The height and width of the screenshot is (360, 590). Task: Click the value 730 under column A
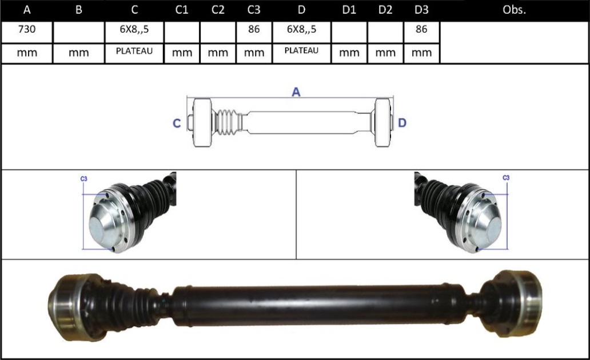pos(27,29)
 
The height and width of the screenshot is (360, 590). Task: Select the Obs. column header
pos(514,10)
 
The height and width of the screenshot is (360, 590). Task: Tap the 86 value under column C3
pos(254,29)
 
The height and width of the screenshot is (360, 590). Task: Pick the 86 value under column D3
pos(421,29)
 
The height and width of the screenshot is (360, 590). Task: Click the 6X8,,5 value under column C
pos(134,29)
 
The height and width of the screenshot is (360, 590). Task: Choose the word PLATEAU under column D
pos(301,50)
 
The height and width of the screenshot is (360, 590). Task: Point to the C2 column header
pos(218,10)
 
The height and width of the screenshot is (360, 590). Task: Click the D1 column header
pos(349,10)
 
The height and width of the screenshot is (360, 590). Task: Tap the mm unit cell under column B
pos(79,53)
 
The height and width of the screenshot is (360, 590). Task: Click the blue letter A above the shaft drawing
pos(296,92)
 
